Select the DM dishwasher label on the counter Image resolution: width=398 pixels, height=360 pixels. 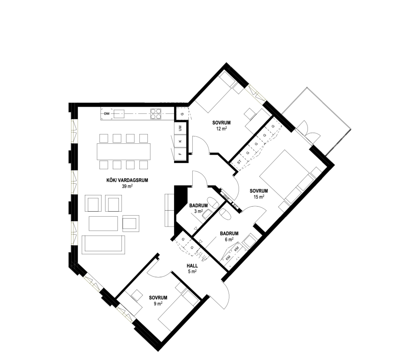click(x=107, y=114)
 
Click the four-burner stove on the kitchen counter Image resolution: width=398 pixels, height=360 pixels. click(x=156, y=114)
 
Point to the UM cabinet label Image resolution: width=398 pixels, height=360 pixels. click(x=180, y=128)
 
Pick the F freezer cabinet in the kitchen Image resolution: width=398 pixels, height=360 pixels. click(x=180, y=154)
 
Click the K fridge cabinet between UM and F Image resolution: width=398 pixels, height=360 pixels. click(x=180, y=141)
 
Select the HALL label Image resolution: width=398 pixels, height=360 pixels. click(x=192, y=266)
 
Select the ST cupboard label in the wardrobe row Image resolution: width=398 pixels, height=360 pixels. click(x=239, y=162)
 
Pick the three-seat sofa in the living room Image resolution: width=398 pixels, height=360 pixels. click(x=103, y=244)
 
